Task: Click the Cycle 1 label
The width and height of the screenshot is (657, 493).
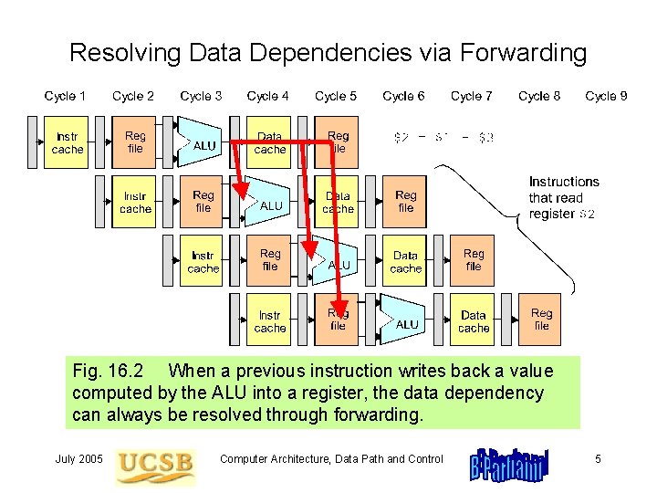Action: (x=66, y=96)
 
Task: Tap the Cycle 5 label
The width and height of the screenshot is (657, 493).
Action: (x=336, y=96)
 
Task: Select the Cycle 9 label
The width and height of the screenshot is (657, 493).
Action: (x=606, y=96)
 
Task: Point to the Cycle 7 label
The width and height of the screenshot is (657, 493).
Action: (x=471, y=96)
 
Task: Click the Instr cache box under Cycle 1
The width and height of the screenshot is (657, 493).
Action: (x=68, y=142)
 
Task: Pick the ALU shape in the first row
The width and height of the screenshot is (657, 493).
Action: (x=203, y=143)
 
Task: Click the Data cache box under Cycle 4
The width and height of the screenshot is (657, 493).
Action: (x=270, y=142)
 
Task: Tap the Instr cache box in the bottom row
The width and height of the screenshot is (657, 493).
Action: (x=270, y=321)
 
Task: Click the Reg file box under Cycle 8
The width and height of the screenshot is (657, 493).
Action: (x=542, y=320)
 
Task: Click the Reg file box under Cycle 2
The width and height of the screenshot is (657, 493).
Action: (x=135, y=142)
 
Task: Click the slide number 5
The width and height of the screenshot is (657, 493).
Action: (x=598, y=459)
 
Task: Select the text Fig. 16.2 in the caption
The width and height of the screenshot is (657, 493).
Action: (x=109, y=372)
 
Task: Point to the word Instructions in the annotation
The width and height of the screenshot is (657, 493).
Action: (x=564, y=182)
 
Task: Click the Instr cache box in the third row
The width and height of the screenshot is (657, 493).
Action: (x=203, y=262)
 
